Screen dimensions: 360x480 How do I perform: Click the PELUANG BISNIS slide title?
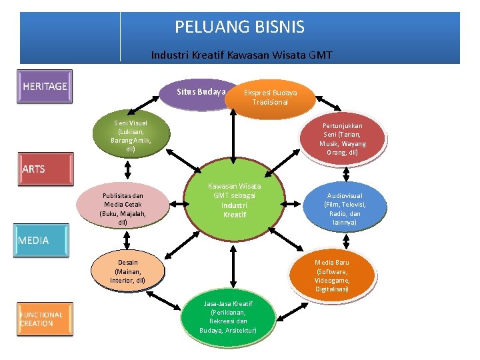point(239,27)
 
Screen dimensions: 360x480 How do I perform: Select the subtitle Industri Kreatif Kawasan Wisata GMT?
point(241,55)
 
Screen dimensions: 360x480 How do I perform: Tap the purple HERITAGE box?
point(45,86)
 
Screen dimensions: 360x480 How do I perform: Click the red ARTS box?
point(45,169)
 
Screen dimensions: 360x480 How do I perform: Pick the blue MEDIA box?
point(43,240)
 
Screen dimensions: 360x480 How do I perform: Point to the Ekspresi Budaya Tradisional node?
point(270,97)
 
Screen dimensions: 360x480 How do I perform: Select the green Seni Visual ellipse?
point(131,136)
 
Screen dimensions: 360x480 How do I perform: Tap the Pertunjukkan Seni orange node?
point(342,139)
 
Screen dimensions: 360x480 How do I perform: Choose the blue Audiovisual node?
point(345,209)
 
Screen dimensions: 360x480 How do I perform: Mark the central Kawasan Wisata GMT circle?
point(234,200)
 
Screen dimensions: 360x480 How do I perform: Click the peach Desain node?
point(128,271)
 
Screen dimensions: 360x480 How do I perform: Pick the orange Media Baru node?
point(332,275)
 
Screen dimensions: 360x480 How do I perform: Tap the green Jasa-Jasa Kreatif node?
point(228,317)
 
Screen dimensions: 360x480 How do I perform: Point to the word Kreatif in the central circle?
point(234,215)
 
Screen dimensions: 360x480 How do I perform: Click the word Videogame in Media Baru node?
point(332,280)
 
